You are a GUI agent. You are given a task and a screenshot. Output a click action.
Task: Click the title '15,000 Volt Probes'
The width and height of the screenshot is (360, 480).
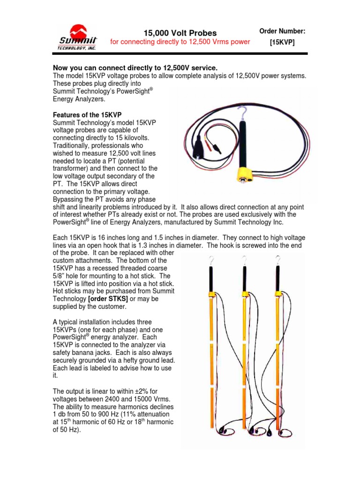[x=180, y=33]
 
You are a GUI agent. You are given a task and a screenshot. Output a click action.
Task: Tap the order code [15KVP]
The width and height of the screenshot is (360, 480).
[x=282, y=43]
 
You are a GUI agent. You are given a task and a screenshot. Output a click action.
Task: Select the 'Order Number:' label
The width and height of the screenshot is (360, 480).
[x=282, y=31]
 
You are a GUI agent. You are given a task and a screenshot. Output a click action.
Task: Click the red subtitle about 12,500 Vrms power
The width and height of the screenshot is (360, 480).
[x=180, y=42]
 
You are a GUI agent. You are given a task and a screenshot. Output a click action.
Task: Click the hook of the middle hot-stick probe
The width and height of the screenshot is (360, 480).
[x=244, y=260]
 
